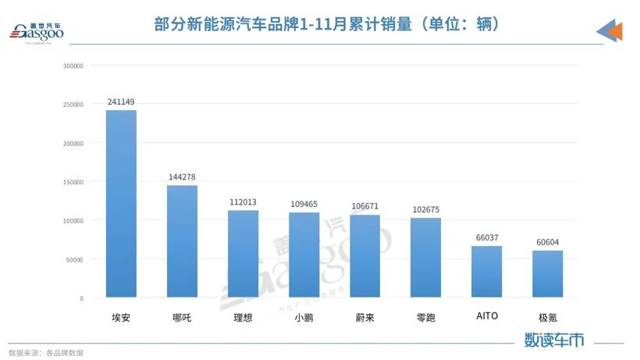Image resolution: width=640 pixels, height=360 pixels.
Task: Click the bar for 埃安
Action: pyautogui.click(x=121, y=204)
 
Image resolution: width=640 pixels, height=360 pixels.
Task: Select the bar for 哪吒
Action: pyautogui.click(x=182, y=241)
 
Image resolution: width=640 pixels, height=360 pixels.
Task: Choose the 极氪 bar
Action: pyautogui.click(x=547, y=274)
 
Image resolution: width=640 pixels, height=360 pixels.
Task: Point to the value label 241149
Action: pyautogui.click(x=121, y=102)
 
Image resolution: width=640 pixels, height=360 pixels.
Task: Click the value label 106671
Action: pyautogui.click(x=364, y=206)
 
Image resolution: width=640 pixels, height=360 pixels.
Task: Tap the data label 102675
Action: pyautogui.click(x=425, y=209)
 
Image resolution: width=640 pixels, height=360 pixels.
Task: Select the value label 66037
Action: pyautogui.click(x=486, y=237)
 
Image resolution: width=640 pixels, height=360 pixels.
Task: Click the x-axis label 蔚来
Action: pyautogui.click(x=364, y=317)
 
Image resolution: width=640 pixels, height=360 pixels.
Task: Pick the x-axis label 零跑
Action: pyautogui.click(x=425, y=317)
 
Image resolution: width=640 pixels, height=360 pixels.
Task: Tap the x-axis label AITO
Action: pyautogui.click(x=486, y=316)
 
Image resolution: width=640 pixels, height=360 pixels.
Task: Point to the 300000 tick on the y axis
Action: pyautogui.click(x=73, y=66)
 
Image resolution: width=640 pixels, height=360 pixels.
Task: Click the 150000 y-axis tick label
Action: pyautogui.click(x=73, y=182)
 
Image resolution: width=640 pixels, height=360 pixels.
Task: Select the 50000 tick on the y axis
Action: pyautogui.click(x=75, y=259)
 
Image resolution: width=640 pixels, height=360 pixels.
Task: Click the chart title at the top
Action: pyautogui.click(x=326, y=24)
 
